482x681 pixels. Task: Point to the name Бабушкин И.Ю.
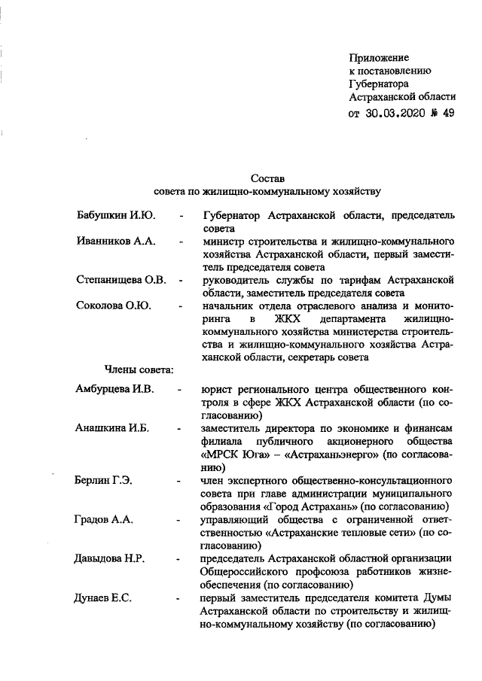pyautogui.click(x=116, y=216)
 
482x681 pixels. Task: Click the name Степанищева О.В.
pyautogui.click(x=121, y=280)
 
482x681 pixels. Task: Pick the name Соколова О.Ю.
pyautogui.click(x=114, y=306)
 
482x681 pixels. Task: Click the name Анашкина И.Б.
pyautogui.click(x=112, y=428)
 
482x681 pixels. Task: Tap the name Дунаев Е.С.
pyautogui.click(x=104, y=597)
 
